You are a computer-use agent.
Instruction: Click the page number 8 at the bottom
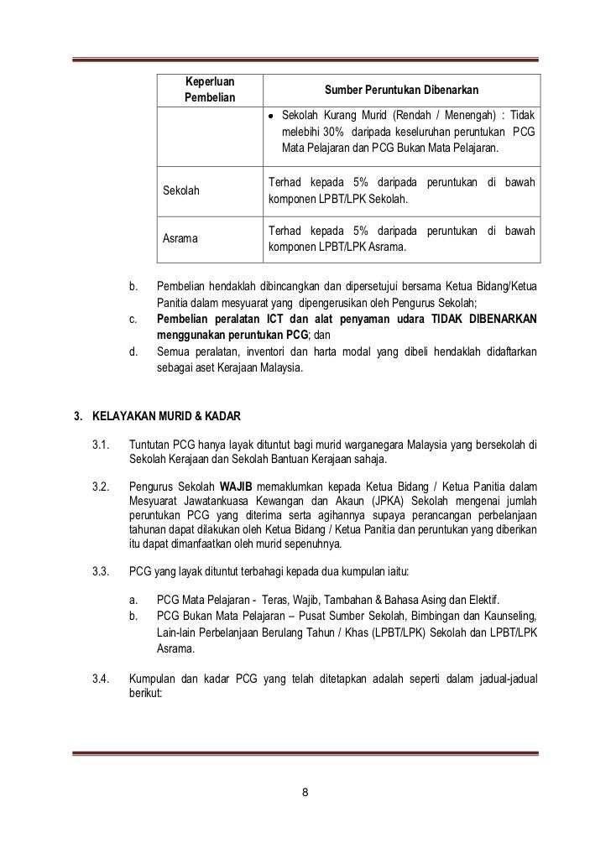click(305, 791)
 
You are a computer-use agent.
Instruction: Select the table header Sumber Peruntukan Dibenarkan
click(401, 91)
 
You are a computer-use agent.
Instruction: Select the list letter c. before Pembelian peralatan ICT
click(133, 320)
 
